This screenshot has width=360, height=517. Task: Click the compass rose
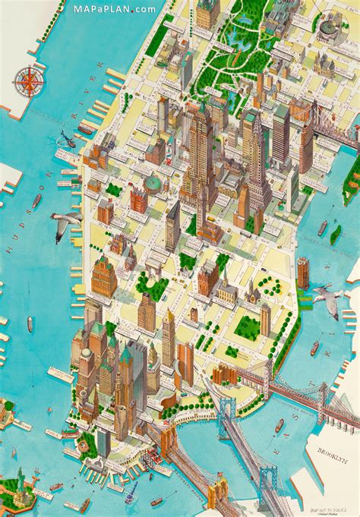30,80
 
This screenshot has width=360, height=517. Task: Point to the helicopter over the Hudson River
66,139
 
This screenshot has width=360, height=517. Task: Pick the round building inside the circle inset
329,28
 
